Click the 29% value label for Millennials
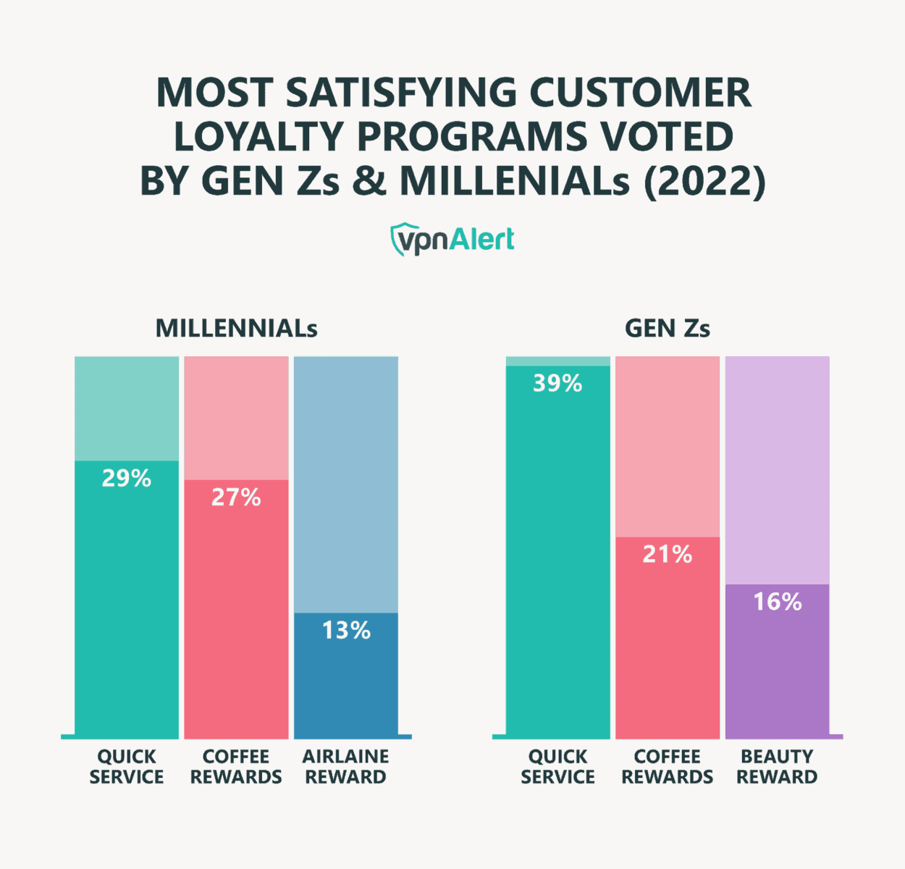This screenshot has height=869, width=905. tap(127, 479)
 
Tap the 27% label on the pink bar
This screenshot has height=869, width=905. tap(236, 498)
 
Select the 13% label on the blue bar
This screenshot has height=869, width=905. tap(346, 631)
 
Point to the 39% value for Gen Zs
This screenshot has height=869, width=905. tap(557, 383)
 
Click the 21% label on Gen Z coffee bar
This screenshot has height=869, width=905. tap(668, 555)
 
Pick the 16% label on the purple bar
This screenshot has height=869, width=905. tap(778, 602)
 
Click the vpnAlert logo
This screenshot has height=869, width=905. tap(452, 240)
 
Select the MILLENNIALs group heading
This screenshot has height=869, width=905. tap(236, 329)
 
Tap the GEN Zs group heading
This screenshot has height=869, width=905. tap(667, 329)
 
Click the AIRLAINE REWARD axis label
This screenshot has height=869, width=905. tap(346, 767)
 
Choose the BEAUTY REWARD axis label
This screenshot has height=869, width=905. tap(777, 767)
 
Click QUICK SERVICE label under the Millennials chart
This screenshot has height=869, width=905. tap(127, 767)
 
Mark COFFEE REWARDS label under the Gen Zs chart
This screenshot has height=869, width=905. tap(668, 767)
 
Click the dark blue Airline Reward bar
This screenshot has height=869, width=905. tap(346, 688)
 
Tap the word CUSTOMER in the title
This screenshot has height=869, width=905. tap(641, 93)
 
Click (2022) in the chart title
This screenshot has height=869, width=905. tap(704, 181)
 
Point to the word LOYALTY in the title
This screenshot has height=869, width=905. tap(260, 137)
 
